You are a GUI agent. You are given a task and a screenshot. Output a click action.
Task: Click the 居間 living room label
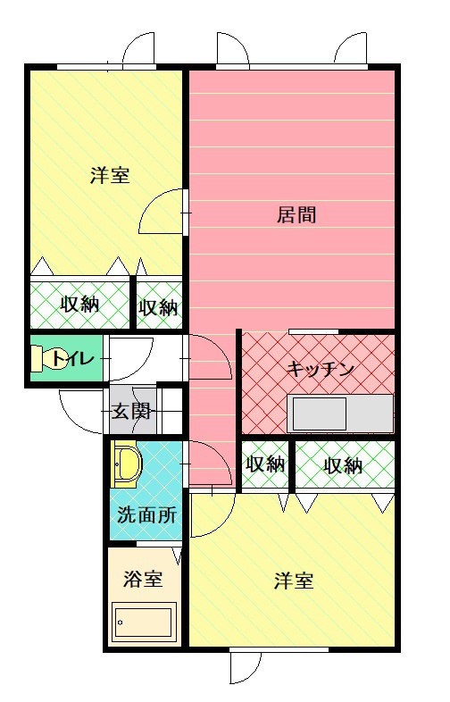(x=296, y=215)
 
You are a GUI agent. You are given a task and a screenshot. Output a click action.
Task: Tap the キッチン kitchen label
(x=321, y=368)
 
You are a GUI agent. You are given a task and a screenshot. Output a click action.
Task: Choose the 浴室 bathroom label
(x=143, y=579)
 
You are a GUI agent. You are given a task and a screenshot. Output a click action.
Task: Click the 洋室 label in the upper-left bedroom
(x=109, y=175)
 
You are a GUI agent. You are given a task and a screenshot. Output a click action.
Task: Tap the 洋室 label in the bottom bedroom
(x=293, y=581)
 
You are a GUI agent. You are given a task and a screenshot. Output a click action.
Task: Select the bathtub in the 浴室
(x=143, y=622)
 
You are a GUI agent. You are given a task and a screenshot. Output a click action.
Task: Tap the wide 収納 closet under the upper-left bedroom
(x=79, y=305)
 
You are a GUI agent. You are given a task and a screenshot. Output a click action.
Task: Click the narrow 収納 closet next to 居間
(x=159, y=307)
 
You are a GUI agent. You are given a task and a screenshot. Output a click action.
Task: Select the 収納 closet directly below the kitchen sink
(x=344, y=465)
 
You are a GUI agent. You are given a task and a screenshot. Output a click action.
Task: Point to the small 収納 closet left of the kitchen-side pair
(x=265, y=464)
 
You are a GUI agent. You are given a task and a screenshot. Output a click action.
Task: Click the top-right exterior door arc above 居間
(x=351, y=50)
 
